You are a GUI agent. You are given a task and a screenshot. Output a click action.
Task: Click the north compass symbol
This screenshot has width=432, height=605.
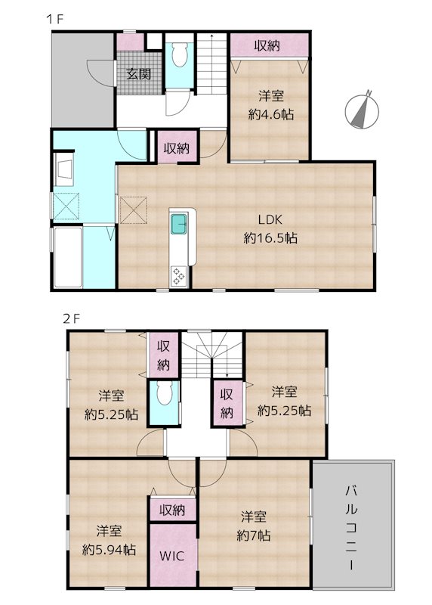[362, 111]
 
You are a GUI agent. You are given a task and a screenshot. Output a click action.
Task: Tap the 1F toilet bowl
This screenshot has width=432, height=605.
[179, 54]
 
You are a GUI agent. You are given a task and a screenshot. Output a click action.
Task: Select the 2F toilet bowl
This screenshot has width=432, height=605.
[164, 393]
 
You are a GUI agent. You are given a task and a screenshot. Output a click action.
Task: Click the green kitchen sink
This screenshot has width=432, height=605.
[179, 224]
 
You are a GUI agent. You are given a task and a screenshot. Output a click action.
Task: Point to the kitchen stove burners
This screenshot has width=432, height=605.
[179, 276]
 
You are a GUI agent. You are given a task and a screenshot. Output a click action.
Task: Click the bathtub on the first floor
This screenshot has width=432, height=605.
[68, 257]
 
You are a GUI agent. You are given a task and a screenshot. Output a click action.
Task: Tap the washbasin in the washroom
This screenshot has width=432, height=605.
[64, 169]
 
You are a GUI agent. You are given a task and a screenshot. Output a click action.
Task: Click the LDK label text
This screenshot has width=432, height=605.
[270, 219]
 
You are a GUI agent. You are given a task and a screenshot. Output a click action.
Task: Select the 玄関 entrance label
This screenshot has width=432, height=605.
[139, 73]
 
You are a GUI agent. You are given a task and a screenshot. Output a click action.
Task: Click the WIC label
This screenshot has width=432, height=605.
[172, 556]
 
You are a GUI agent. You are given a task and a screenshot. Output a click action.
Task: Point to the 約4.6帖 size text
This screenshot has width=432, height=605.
[271, 114]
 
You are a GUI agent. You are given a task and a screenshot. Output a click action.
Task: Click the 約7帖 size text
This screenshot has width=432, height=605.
[254, 535]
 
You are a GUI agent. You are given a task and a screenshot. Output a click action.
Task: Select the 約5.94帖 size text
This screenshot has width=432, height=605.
[109, 550]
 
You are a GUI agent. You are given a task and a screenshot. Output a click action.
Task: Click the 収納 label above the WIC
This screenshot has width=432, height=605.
[172, 510]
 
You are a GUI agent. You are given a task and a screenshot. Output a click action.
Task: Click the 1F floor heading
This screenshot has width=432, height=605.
[54, 19]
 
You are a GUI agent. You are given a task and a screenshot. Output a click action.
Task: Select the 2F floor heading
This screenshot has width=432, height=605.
[72, 318]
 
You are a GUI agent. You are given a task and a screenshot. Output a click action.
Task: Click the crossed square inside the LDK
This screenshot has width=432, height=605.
[134, 210]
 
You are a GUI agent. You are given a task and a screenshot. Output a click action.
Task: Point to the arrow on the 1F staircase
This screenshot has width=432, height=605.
[211, 64]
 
